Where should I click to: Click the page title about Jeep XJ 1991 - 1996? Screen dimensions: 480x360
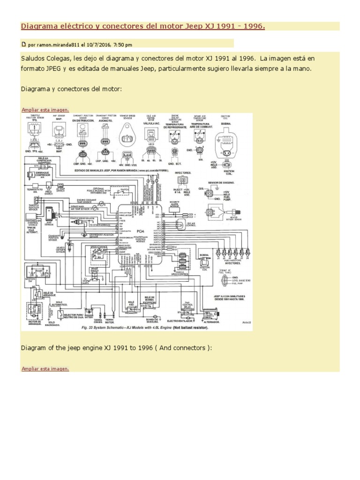[x=143, y=26]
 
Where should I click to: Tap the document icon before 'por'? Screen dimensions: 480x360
[x=24, y=45]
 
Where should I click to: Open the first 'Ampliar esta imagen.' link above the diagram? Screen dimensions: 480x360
[x=45, y=110]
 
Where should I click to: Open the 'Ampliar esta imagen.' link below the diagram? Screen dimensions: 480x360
[x=45, y=368]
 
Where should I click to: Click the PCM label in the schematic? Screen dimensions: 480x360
[x=140, y=231]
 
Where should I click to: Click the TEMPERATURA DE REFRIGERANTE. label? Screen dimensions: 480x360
[x=175, y=126]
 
